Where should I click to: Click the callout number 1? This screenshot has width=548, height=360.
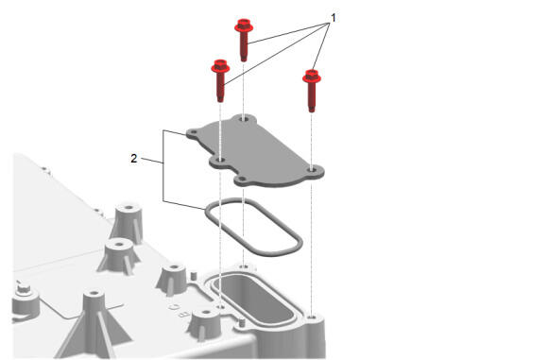pyautogui.click(x=334, y=18)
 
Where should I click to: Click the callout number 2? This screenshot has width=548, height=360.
pyautogui.click(x=134, y=159)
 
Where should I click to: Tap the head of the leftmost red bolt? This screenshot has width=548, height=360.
pyautogui.click(x=220, y=66)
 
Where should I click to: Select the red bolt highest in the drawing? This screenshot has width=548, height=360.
pyautogui.click(x=244, y=40)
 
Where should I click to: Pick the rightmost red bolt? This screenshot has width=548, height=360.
pyautogui.click(x=312, y=90)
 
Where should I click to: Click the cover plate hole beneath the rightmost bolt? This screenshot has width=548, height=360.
pyautogui.click(x=312, y=170)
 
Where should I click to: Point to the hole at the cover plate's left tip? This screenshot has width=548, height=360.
pyautogui.click(x=193, y=133)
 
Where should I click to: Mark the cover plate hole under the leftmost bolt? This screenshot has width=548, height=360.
pyautogui.click(x=220, y=160)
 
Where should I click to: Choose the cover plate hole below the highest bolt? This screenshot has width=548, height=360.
pyautogui.click(x=244, y=119)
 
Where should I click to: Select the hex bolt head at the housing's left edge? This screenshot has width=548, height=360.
pyautogui.click(x=24, y=288)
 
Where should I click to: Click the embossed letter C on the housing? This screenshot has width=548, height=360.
pyautogui.click(x=174, y=307)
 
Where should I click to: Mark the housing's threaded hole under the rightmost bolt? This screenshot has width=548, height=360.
pyautogui.click(x=313, y=317)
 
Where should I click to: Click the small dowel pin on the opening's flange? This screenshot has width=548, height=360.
pyautogui.click(x=241, y=322)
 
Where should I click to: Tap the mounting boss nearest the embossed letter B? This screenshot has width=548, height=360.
pyautogui.click(x=206, y=324)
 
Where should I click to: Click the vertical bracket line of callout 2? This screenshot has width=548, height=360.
pyautogui.click(x=163, y=165)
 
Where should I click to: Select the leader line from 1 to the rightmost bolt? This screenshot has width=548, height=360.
pyautogui.click(x=321, y=47)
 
